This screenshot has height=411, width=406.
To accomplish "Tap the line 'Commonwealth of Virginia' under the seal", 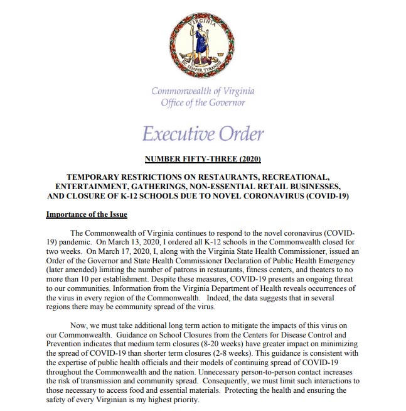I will click(x=203, y=90).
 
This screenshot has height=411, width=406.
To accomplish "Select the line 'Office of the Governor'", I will click(x=203, y=102).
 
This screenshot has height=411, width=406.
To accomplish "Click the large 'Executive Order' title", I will click(x=203, y=134).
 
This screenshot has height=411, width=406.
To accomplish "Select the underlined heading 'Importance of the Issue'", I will click(x=87, y=214).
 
